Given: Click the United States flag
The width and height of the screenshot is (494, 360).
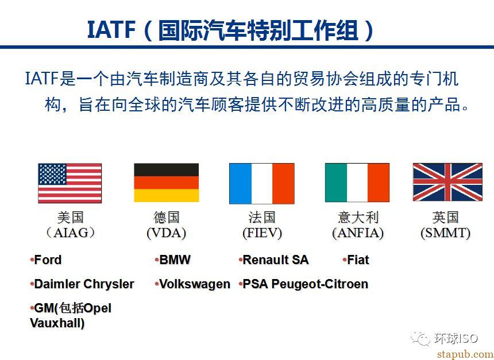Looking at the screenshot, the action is [x=70, y=183].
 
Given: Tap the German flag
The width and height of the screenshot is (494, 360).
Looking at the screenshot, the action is [x=167, y=183].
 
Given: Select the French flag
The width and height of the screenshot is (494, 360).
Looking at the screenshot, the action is [x=262, y=183].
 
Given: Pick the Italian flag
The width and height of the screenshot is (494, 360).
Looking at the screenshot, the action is [x=357, y=183].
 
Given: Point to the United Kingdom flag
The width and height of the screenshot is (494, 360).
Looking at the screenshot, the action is [x=447, y=182].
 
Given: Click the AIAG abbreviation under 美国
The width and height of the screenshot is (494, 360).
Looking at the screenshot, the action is [x=71, y=233].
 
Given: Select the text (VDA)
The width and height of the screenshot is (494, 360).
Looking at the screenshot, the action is [x=167, y=233].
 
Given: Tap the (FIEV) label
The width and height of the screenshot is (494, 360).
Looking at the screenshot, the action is [x=262, y=233].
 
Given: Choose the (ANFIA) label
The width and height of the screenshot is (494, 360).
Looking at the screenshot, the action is [x=358, y=233].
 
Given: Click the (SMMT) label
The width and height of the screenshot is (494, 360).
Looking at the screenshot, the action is [x=446, y=233].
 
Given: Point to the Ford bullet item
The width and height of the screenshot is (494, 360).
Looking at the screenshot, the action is [x=46, y=260].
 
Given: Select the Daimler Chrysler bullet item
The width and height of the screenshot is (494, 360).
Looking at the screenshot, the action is [x=82, y=284].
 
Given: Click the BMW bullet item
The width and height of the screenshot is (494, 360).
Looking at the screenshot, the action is [x=173, y=260].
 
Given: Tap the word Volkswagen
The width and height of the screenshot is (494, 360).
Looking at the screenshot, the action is [x=195, y=284].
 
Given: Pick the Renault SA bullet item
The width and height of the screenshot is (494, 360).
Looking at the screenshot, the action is [x=273, y=260].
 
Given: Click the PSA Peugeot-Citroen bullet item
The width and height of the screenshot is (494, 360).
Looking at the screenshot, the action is [x=303, y=284].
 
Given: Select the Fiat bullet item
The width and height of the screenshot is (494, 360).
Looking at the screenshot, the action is [x=356, y=260].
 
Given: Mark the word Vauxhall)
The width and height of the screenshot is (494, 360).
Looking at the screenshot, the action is [x=57, y=323].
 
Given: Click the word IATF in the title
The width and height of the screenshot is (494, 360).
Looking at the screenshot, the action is [x=111, y=30].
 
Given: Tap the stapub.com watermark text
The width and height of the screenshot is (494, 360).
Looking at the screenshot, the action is [x=465, y=354].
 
